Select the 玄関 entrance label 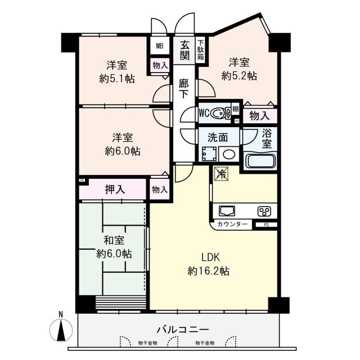[184, 48]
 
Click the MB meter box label [159, 46]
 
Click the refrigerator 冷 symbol [220, 174]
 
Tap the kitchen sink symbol [227, 211]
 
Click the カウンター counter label [232, 224]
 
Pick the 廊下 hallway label [184, 88]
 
